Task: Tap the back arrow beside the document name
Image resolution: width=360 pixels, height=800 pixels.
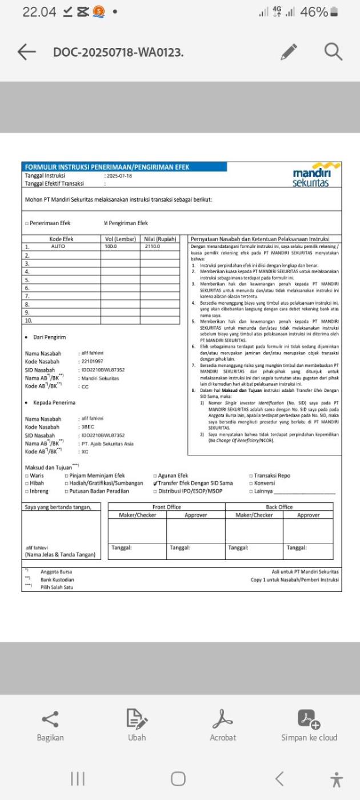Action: [x=26, y=52]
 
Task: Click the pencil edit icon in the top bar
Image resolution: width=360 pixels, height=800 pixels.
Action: [x=290, y=52]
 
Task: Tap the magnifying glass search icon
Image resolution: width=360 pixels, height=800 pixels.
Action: [x=333, y=52]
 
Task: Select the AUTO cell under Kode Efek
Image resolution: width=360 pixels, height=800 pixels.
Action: [x=58, y=246]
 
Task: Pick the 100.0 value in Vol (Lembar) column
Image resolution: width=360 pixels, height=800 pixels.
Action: [x=111, y=246]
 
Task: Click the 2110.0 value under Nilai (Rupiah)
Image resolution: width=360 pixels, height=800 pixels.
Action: [x=153, y=246]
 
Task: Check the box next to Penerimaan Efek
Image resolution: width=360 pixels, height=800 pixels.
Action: [x=27, y=223]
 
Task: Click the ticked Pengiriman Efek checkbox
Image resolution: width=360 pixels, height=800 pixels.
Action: [x=106, y=223]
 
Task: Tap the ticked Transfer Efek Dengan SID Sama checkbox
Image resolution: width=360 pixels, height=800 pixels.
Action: [x=155, y=483]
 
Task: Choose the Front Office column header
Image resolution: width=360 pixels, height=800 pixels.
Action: [x=166, y=507]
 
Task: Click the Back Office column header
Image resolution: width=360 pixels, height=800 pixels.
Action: [x=279, y=507]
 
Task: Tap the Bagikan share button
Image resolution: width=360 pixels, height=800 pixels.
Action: [x=50, y=726]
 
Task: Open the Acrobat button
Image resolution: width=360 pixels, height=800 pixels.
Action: [x=222, y=726]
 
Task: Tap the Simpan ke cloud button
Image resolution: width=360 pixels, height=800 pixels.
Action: [x=309, y=726]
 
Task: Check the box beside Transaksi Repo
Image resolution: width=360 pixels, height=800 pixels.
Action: [x=251, y=475]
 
